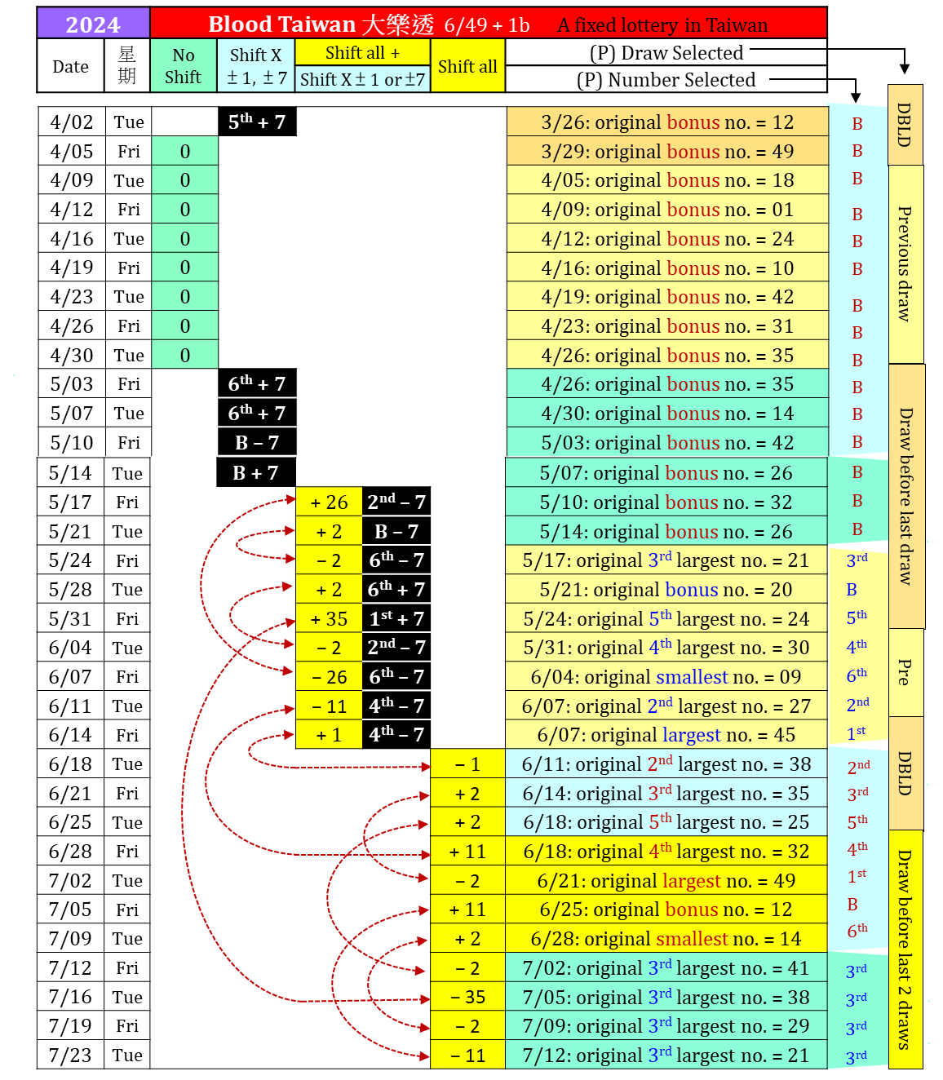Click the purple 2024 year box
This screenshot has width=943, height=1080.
(x=93, y=24)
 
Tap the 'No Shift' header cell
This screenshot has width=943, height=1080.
(x=184, y=66)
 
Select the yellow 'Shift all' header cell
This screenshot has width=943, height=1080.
(x=467, y=66)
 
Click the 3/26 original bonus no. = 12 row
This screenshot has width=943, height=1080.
(x=667, y=122)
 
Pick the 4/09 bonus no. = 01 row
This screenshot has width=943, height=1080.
(x=667, y=210)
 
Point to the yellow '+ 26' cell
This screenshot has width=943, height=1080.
(x=329, y=502)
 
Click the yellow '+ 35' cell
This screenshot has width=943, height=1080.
(x=329, y=619)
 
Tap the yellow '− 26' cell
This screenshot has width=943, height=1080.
(x=329, y=677)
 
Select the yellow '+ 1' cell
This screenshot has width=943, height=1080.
(x=329, y=735)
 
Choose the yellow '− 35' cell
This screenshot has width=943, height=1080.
(x=467, y=997)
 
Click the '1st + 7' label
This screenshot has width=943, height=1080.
(x=396, y=619)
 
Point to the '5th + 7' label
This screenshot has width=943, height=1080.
(x=257, y=122)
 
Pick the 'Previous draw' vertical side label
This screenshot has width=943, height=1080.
(x=905, y=263)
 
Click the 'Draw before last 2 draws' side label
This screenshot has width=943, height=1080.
(x=905, y=949)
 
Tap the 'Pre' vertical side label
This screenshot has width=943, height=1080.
(x=905, y=672)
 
